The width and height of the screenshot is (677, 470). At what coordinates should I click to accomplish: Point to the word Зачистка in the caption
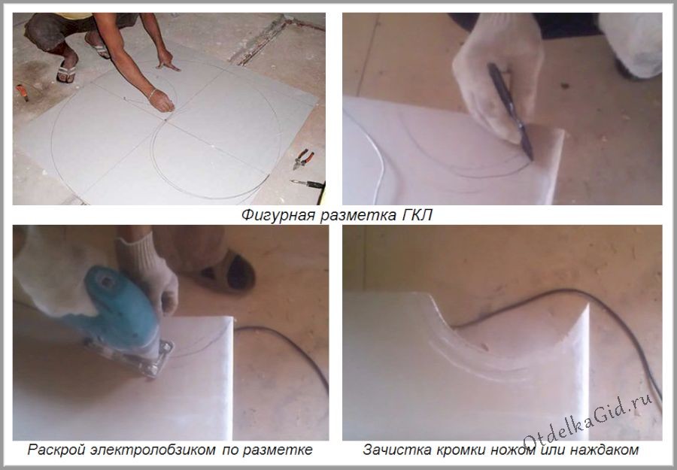pos(393,450)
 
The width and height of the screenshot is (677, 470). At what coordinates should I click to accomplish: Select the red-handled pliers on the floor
pos(302,159)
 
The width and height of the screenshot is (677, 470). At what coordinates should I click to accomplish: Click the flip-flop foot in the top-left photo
pos(66,71)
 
